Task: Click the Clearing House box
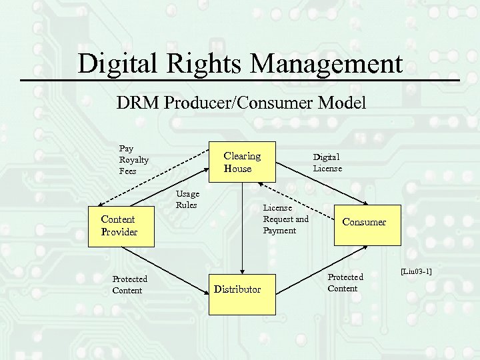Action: (x=243, y=162)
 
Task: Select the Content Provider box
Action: (x=118, y=225)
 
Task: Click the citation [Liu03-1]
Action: (x=416, y=271)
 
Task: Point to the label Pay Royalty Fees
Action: (x=133, y=160)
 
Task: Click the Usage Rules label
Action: (x=187, y=199)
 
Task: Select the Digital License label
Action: (x=327, y=163)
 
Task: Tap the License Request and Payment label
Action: (x=285, y=219)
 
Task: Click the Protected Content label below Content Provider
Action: (x=129, y=285)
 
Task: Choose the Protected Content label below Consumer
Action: (x=345, y=283)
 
